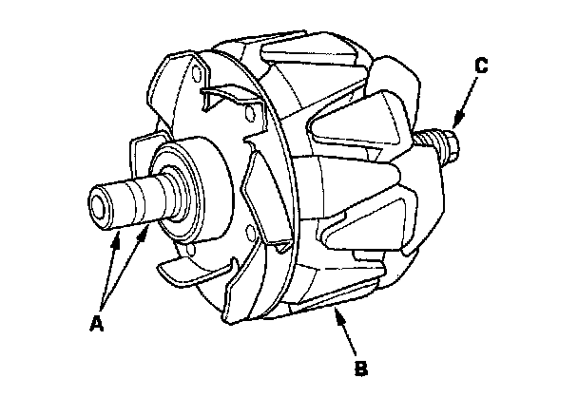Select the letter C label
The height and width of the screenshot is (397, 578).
click(x=482, y=66)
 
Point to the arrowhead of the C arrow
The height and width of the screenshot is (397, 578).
click(x=454, y=124)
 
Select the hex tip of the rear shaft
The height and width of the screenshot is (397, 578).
click(x=453, y=148)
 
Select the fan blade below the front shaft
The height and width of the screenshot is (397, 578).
click(x=190, y=275)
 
